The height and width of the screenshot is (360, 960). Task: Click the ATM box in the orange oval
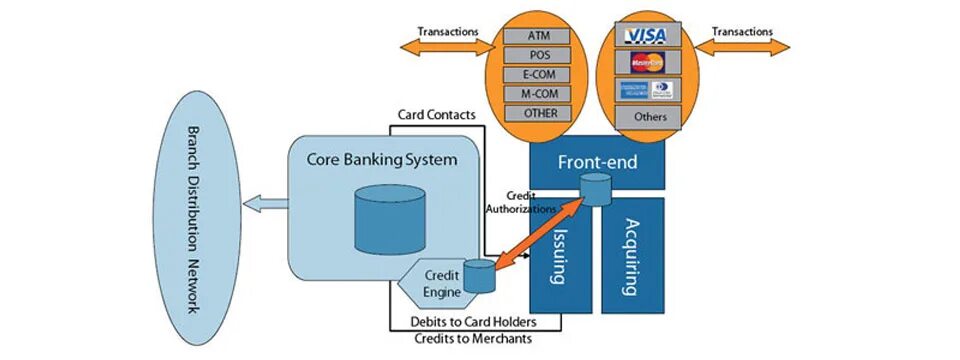tap(539, 36)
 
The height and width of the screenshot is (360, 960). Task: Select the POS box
tap(539, 55)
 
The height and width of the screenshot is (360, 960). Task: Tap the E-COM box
tap(539, 74)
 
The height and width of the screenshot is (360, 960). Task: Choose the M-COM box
tap(539, 93)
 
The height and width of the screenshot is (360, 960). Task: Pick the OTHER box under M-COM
tap(539, 112)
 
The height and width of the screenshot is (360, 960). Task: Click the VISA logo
tap(646, 36)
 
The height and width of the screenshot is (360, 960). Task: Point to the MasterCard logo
tap(646, 63)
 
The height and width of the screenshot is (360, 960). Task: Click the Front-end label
tap(596, 161)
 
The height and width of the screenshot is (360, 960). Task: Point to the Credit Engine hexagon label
tap(441, 283)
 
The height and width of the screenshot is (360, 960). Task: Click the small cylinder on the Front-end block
tap(596, 189)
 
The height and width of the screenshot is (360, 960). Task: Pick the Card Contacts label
tap(436, 115)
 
